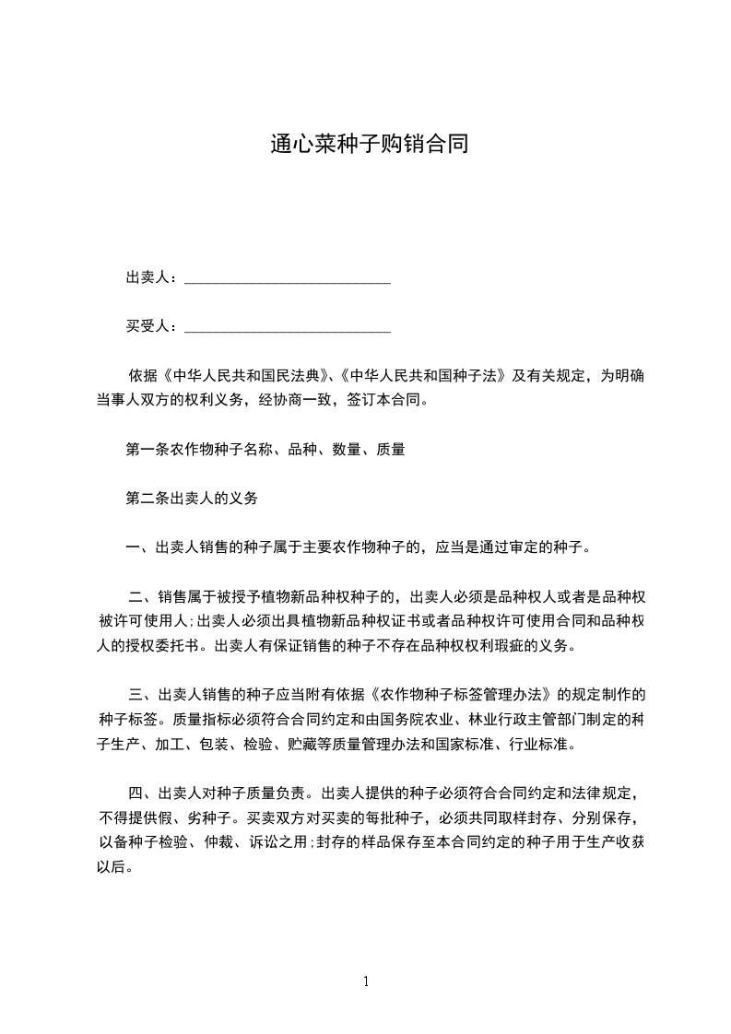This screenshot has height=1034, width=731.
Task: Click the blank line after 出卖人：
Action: (288, 277)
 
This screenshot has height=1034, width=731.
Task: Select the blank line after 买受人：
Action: (288, 326)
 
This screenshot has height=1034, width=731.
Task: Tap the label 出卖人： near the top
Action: (153, 277)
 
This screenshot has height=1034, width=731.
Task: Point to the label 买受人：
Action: (153, 326)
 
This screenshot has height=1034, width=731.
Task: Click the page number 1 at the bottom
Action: (366, 981)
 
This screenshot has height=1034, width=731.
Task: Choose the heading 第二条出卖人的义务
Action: (191, 499)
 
